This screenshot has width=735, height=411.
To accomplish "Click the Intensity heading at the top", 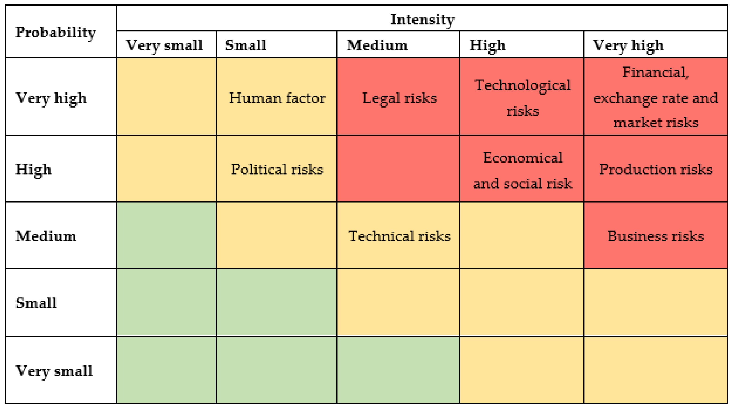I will pos(422,19).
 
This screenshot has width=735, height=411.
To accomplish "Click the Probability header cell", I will pos(56,32).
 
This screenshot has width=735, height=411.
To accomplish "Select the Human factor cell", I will pos(277,98).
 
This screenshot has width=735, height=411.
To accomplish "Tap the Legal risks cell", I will pos(399,98).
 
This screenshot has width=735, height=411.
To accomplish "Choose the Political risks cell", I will pos(277,169).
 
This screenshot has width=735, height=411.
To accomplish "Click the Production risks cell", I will pos(655,169).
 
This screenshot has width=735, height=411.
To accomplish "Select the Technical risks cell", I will pos(399,236).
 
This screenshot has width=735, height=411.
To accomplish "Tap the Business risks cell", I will pos(655,236).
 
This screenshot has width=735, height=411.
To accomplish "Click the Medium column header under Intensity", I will pos(377,45).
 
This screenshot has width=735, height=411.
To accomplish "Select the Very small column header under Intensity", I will pos(164,45).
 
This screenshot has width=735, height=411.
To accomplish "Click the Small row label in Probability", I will pos(36,303).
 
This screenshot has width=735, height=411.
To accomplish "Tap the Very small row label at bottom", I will pos(54,371).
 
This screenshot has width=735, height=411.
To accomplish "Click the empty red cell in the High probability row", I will pos(398,169).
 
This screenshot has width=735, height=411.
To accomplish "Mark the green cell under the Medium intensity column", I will pos(398,370).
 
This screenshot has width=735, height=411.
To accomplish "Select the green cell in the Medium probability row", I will pos(166,236).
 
